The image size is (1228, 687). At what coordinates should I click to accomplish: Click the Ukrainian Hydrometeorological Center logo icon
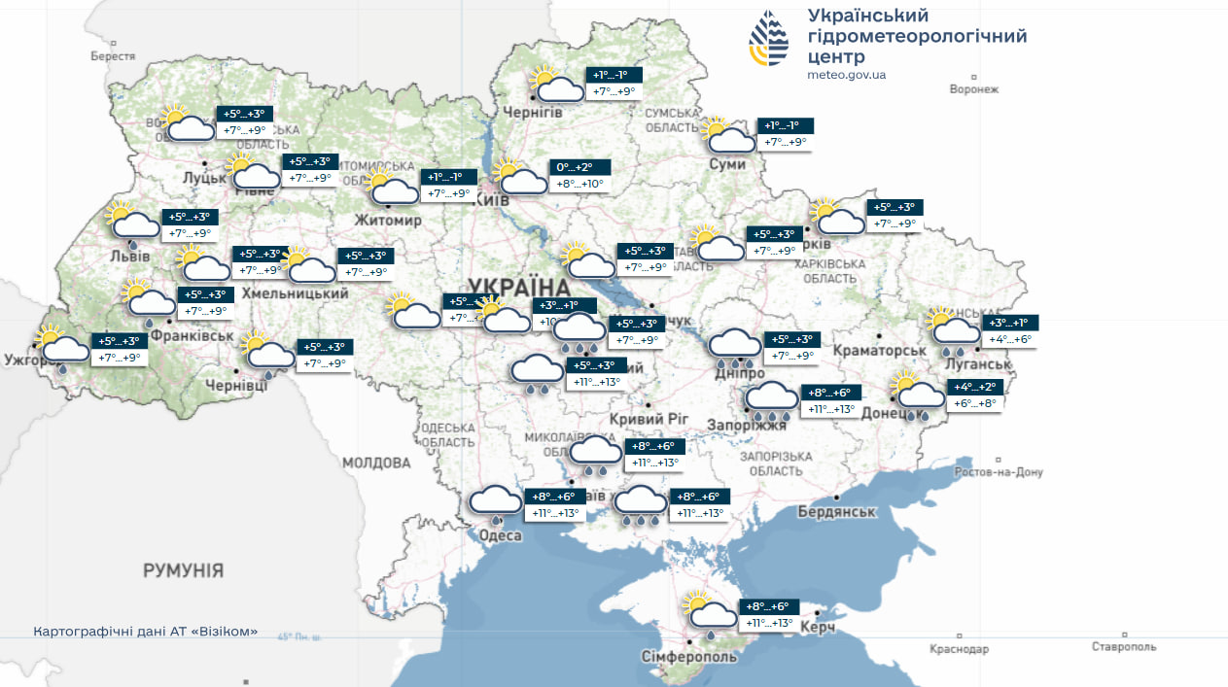tap(769, 38)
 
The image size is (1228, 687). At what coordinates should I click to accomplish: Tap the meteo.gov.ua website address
tap(846, 75)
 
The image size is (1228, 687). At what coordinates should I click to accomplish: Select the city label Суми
tap(727, 164)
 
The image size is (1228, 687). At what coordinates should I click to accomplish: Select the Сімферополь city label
tap(688, 657)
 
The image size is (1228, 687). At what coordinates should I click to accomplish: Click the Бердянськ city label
tap(836, 512)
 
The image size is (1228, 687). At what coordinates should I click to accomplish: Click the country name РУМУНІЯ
tap(183, 570)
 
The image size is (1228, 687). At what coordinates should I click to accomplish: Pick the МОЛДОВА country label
tap(376, 463)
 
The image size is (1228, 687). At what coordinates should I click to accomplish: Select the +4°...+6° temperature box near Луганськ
tap(1009, 339)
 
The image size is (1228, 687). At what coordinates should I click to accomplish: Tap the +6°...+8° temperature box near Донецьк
tap(975, 403)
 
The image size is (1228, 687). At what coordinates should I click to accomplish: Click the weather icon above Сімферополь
tap(709, 613)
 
